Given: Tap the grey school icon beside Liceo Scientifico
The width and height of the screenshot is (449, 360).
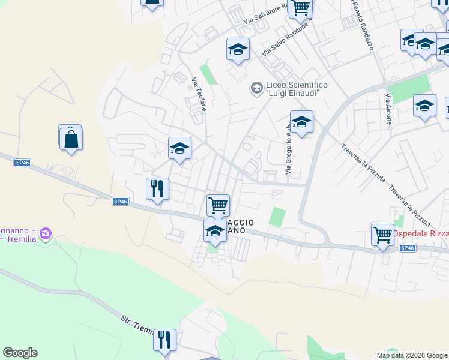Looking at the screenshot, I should (256, 89).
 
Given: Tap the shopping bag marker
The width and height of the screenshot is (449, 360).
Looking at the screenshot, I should (71, 139).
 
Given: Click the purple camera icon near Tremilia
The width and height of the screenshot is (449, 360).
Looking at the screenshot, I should (47, 233).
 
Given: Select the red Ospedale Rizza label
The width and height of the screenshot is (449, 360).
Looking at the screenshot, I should (420, 233).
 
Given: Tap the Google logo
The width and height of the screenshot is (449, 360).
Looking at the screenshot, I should (20, 353).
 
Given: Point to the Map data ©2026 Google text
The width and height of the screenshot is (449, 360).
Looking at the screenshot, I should (411, 355).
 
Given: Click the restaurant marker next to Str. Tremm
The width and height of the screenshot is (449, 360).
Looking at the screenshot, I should (164, 340).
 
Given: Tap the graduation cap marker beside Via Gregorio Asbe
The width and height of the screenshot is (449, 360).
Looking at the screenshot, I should (301, 122).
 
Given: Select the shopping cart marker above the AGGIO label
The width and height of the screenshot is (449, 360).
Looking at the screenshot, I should (218, 205).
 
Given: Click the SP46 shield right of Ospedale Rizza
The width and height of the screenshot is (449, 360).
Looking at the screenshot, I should (407, 248).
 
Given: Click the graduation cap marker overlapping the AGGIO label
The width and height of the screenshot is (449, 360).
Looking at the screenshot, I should (215, 230).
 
